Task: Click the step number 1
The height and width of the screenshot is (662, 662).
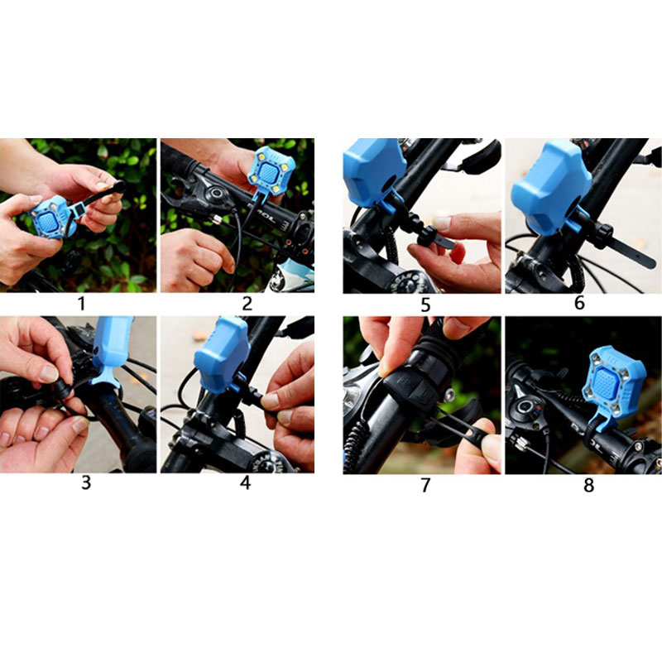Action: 81,304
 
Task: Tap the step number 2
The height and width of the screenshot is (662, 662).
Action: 247,304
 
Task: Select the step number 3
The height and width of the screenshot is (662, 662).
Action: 86,482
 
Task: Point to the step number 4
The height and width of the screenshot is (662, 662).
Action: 245,482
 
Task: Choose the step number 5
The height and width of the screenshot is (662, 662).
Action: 425,305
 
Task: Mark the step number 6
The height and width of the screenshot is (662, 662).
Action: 579,303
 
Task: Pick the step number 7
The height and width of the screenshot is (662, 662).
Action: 425,485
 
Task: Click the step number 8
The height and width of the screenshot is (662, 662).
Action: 588,485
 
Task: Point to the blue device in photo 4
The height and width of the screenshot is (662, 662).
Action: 221,355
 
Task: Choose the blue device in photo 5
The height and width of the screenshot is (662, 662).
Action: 374,173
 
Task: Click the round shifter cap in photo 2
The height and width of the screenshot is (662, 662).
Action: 216,194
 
